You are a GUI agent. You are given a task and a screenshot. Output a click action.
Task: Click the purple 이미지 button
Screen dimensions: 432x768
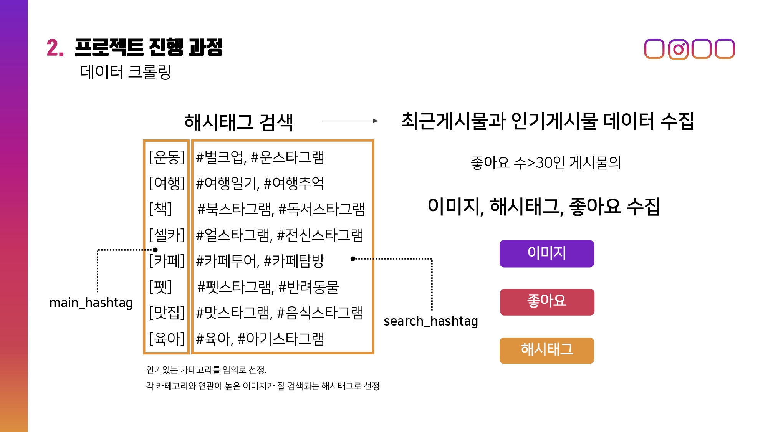(x=546, y=253)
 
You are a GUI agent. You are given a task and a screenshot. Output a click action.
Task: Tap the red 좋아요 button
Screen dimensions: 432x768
(x=547, y=302)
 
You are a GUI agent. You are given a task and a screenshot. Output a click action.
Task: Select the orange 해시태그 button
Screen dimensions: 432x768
(x=546, y=350)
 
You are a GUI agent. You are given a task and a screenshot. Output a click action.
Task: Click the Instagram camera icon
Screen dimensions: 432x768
(x=678, y=49)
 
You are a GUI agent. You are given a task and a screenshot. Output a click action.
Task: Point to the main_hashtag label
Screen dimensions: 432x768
(x=91, y=303)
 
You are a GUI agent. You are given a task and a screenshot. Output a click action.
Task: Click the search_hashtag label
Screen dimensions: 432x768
(x=430, y=321)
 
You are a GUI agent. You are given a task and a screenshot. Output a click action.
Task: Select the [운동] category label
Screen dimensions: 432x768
(x=167, y=157)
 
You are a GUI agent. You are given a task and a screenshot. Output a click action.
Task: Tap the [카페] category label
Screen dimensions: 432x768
(x=167, y=261)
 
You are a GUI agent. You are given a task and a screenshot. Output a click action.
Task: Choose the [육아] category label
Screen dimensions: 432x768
(x=167, y=338)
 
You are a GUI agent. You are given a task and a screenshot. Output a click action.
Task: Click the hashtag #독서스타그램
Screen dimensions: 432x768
(x=321, y=209)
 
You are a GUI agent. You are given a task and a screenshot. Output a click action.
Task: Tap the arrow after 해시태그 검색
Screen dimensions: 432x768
(x=349, y=121)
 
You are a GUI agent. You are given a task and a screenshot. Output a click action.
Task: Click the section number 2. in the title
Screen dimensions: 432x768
(x=55, y=48)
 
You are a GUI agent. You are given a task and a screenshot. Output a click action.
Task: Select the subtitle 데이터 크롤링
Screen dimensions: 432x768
(x=125, y=72)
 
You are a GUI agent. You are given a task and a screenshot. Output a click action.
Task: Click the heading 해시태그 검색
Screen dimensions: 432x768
(x=238, y=122)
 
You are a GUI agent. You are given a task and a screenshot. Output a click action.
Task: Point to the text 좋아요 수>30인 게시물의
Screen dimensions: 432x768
(x=546, y=162)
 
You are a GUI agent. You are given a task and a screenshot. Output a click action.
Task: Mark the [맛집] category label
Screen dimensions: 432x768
(x=167, y=313)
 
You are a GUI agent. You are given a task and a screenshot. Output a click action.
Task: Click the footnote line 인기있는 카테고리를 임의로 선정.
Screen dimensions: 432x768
(x=206, y=370)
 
